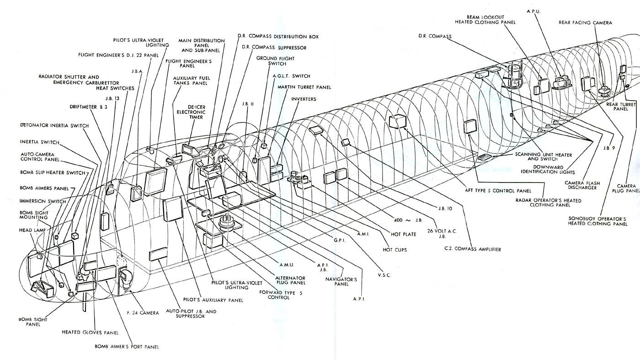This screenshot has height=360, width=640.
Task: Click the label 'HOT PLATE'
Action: [403, 234]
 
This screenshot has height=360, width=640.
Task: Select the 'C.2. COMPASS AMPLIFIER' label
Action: [472, 249]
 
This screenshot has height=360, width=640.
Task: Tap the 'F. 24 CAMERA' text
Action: [143, 313]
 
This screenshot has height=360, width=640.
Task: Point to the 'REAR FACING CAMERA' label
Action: [585, 22]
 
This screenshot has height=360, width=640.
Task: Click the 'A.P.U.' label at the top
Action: [533, 11]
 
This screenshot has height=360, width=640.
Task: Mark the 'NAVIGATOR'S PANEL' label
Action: [337, 281]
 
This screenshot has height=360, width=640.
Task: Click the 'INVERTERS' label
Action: [304, 99]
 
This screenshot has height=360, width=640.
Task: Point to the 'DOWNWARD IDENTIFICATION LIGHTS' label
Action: [546, 170]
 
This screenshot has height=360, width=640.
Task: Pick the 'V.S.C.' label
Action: [384, 275]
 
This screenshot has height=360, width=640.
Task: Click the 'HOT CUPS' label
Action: [395, 250]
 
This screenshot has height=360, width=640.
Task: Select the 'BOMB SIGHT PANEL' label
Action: [30, 322]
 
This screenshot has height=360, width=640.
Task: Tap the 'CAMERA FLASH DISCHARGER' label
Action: [582, 185]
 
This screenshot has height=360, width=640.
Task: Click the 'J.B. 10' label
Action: [444, 209]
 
